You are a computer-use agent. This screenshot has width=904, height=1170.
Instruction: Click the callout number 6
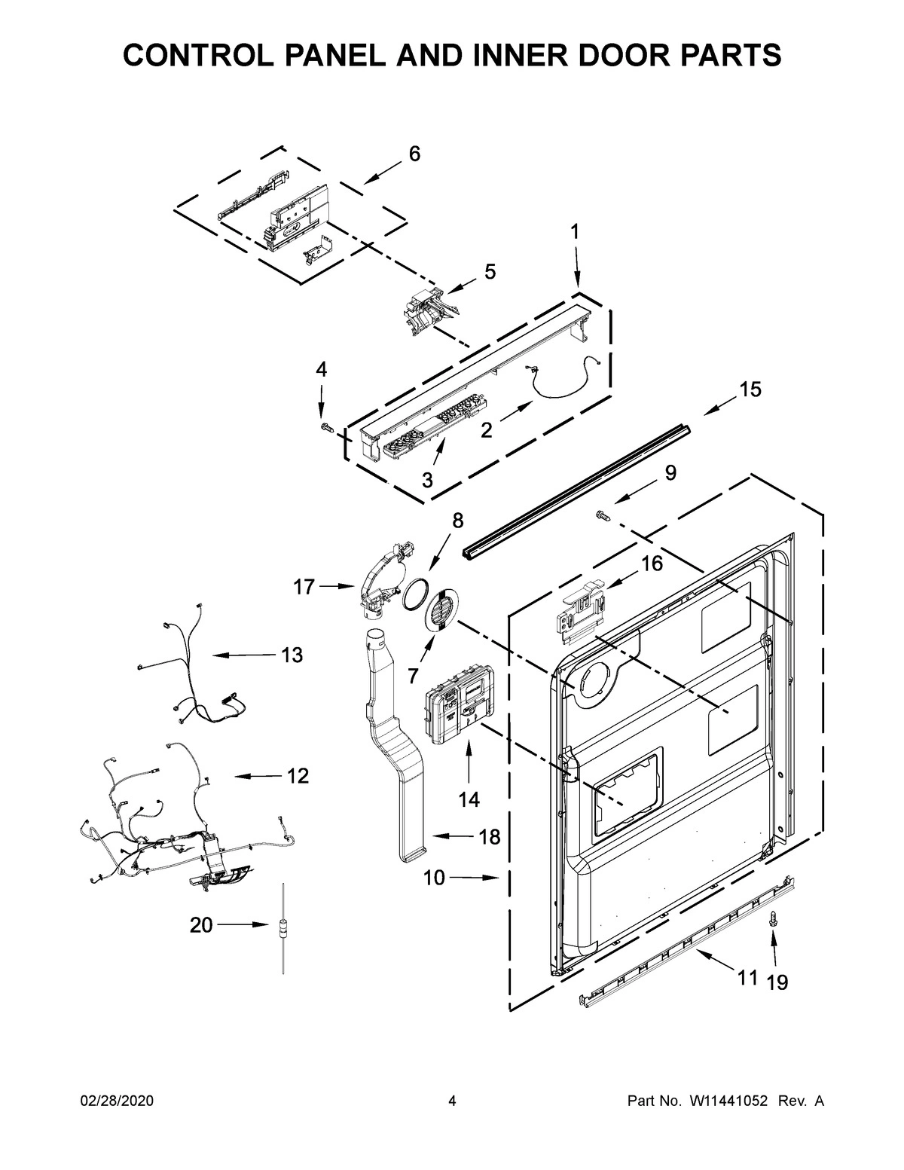[x=414, y=154]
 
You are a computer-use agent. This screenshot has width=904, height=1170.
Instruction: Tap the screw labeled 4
[x=325, y=427]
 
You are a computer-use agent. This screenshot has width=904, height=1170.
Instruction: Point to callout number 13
[x=292, y=655]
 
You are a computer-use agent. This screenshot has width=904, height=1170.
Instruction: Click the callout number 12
[x=298, y=775]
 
